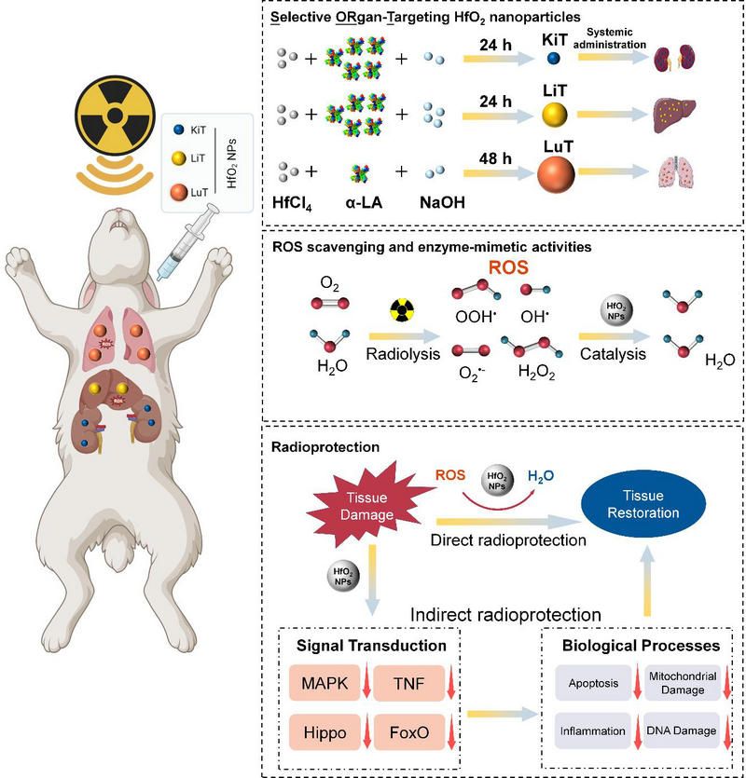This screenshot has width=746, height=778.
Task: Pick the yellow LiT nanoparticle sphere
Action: click(553, 116)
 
